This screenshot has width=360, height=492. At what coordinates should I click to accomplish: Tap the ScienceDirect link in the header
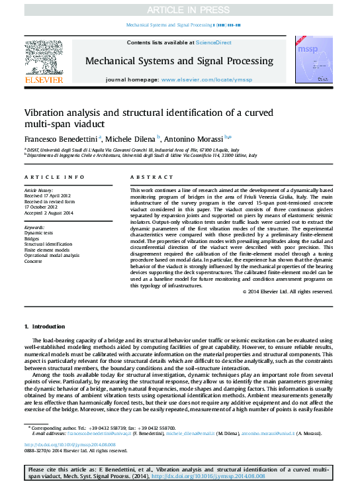click(214, 42)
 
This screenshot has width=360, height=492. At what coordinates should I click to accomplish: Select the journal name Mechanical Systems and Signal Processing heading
click(179, 61)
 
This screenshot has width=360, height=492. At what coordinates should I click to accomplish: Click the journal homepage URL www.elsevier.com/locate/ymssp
click(206, 79)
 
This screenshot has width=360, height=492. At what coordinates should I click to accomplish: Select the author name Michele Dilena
click(130, 139)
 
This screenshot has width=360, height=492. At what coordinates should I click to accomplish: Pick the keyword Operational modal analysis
click(52, 255)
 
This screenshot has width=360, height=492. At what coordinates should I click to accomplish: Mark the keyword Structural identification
click(49, 244)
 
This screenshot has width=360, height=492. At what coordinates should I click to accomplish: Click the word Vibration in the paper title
click(47, 113)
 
